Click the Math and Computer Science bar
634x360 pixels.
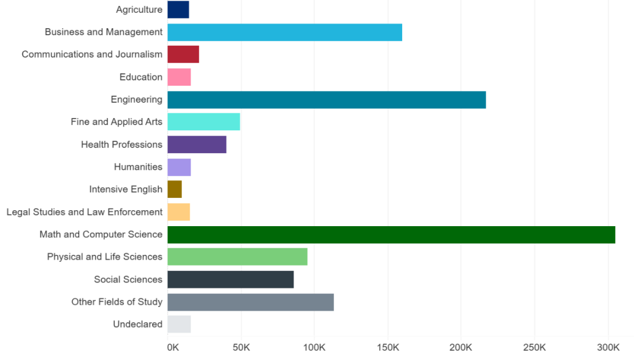pos(391,234)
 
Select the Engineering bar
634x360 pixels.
pos(326,100)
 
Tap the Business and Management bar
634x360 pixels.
pos(285,32)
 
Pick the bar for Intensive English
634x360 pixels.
pos(174,189)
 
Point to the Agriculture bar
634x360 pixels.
pos(178,9)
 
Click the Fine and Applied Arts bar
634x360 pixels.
pos(204,122)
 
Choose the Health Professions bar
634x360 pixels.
pos(197,144)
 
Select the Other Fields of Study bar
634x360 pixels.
pos(251,302)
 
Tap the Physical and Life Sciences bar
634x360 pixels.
pos(237,257)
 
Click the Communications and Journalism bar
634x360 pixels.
pos(183,55)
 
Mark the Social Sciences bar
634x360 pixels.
pos(230,280)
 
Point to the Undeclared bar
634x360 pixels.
pos(179,324)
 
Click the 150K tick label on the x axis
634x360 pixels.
pos(387,347)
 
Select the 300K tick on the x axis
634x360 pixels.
pos(608,347)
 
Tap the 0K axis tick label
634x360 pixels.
pos(173,347)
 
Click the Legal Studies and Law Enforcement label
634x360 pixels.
pos(85,212)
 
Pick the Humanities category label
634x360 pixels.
pos(138,167)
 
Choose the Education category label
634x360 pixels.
pos(141,77)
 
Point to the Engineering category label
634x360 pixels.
pos(136,100)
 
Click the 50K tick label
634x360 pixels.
pos(241,347)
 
